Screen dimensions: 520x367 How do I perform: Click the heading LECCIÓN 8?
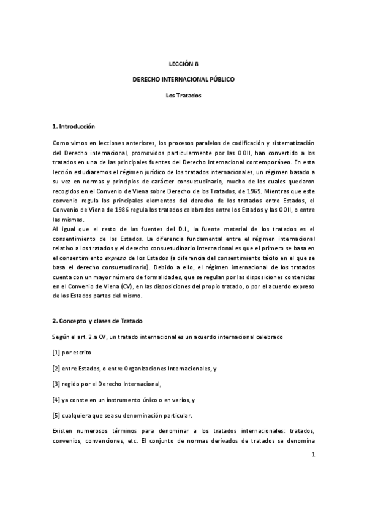(183, 63)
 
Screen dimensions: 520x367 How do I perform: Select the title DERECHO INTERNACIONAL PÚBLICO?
(183, 80)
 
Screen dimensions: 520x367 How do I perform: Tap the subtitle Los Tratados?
(183, 96)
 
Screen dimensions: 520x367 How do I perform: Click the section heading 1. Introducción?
(74, 126)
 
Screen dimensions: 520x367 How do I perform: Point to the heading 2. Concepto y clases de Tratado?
(100, 321)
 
